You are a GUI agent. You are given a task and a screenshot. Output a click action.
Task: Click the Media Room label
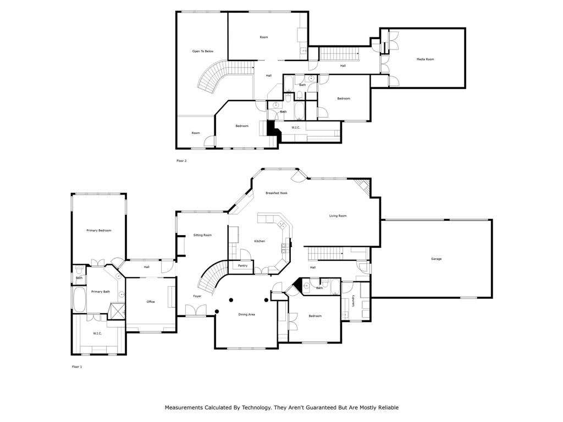[x=425, y=59]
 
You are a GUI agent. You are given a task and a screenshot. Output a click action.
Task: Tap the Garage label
[x=436, y=259]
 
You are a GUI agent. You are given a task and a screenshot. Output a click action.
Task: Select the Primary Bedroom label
[x=99, y=230]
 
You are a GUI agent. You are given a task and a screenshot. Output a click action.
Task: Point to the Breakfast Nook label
[x=277, y=193]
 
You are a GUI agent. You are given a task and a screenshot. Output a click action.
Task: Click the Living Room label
[x=338, y=215]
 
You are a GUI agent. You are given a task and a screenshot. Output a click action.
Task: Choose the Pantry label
[x=242, y=265]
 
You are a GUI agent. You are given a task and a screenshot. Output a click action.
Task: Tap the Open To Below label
[x=203, y=51]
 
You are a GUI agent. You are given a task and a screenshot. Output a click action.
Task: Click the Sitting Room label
[x=202, y=235]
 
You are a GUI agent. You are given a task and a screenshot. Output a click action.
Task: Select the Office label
[x=151, y=302]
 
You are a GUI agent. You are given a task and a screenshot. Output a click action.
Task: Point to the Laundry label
[x=354, y=301]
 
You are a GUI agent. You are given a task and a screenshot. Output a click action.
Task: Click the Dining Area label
[x=247, y=314]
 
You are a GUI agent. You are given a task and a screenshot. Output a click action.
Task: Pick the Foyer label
[x=197, y=296]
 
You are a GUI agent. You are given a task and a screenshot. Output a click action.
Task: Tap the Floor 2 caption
[x=181, y=161]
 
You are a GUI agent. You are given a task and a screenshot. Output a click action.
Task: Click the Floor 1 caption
[x=77, y=367]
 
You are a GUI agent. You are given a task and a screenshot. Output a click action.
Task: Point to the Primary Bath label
[x=101, y=292]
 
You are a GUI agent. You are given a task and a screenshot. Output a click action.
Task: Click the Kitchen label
[x=260, y=241]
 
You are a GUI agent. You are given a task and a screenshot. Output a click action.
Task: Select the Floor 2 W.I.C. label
[x=296, y=127]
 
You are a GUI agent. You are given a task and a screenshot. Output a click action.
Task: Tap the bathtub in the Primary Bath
[x=79, y=299]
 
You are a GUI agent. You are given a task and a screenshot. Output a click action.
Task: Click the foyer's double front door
[x=196, y=310]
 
